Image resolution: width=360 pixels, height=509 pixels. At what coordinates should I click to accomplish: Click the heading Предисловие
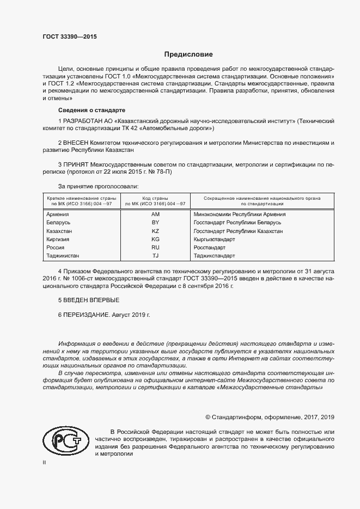tap(188, 54)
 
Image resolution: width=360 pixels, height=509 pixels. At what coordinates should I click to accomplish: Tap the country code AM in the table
tap(155, 214)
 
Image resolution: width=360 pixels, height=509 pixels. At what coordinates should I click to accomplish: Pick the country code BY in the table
tap(155, 223)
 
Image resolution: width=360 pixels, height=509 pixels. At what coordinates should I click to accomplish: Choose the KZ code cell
tap(155, 231)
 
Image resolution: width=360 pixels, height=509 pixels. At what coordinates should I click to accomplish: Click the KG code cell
tap(155, 240)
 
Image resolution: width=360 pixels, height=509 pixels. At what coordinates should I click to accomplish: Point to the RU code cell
tap(155, 248)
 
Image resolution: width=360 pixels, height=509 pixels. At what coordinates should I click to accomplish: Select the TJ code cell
tap(155, 256)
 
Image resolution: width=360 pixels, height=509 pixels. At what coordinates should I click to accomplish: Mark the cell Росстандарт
tap(210, 248)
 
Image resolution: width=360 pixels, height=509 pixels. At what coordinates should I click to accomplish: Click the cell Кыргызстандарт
tap(214, 240)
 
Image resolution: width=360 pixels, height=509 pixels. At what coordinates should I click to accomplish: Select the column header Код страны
tap(155, 198)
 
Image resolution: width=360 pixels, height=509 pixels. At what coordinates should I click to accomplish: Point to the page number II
tap(45, 462)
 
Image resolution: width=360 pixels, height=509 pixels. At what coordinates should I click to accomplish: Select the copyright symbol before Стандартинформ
tap(208, 416)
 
